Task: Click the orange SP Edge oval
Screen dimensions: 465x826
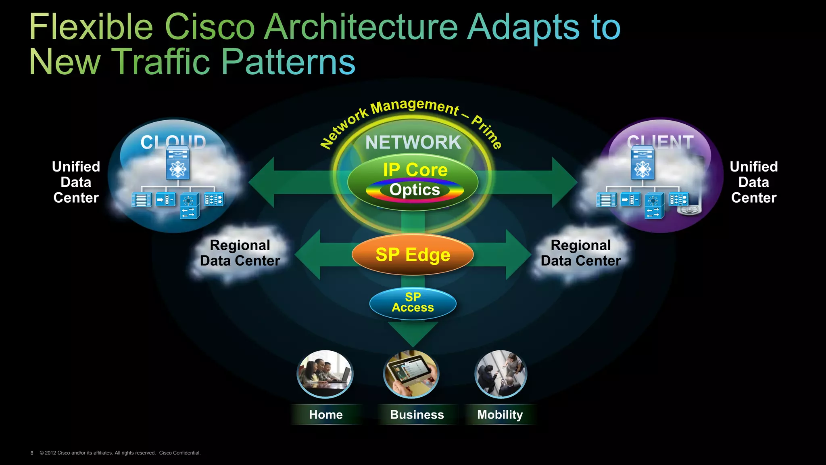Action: coord(413,255)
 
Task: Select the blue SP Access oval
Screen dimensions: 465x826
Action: coord(413,303)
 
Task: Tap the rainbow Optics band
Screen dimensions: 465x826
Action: coord(415,190)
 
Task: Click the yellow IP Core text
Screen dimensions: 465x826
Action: coord(415,170)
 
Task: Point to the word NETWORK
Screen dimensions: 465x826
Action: coord(413,142)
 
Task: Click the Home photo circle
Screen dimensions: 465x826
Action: coord(325,374)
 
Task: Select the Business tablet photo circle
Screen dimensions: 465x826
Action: coord(411,374)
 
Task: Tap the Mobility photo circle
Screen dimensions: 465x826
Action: coord(501,374)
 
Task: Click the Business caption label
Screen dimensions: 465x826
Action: coord(417,415)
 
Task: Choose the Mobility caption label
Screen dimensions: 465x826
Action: coord(500,415)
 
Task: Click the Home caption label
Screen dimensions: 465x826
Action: coord(326,415)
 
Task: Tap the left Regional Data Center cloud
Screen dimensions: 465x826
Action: coord(240,253)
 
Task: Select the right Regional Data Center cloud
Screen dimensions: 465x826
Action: coord(581,253)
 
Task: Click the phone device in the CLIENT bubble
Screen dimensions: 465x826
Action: coord(690,204)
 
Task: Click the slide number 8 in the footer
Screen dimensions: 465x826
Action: coord(32,453)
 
